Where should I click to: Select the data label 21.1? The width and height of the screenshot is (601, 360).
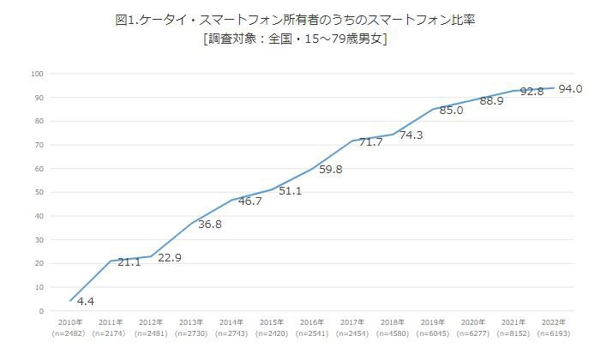pyautogui.click(x=129, y=262)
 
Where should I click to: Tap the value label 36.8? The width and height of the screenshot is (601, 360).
pyautogui.click(x=210, y=225)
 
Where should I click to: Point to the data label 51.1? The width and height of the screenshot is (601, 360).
pyautogui.click(x=290, y=191)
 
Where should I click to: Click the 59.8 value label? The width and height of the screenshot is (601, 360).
pyautogui.click(x=330, y=170)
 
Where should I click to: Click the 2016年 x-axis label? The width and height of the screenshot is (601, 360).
pyautogui.click(x=311, y=322)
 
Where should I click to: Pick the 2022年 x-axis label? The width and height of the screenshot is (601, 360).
pyautogui.click(x=553, y=322)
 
